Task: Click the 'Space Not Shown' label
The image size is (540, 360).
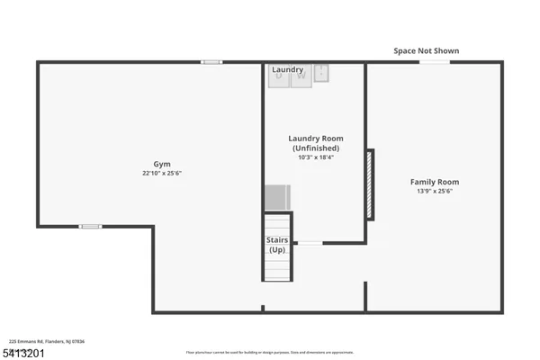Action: [426, 51]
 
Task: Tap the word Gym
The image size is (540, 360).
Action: [162, 165]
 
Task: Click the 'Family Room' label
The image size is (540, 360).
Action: [435, 182]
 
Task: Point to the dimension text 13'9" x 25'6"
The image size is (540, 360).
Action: [435, 191]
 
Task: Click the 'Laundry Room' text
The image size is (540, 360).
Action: [315, 139]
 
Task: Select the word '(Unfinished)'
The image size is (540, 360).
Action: [315, 148]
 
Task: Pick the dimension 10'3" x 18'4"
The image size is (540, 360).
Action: [315, 157]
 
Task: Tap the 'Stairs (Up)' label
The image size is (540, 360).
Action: [276, 244]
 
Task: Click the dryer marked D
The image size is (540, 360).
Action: [279, 78]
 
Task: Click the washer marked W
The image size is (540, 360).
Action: [300, 78]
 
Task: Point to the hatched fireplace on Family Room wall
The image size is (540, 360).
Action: [370, 184]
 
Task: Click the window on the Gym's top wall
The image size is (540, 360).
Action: [211, 62]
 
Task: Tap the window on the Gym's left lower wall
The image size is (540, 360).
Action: [90, 226]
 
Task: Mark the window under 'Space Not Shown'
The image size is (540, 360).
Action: [435, 62]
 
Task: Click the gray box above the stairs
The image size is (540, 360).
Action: [277, 197]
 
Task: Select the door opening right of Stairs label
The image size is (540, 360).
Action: [310, 243]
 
